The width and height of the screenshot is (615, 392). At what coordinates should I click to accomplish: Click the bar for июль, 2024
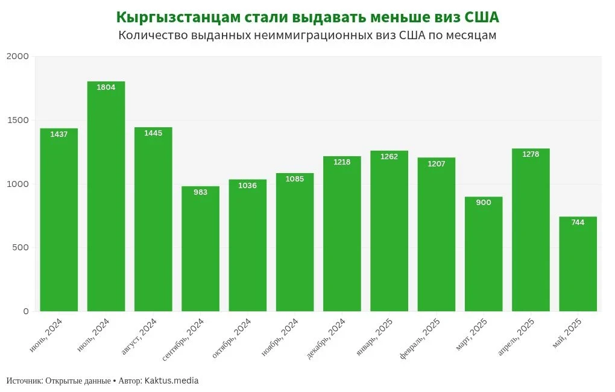(106, 197)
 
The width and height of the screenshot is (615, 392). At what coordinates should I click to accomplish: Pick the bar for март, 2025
(484, 254)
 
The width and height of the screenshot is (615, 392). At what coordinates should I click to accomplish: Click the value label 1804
(106, 87)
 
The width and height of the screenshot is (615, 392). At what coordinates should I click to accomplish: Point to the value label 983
(200, 192)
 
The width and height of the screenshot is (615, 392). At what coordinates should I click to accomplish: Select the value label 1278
(531, 154)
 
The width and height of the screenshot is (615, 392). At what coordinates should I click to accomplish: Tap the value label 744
(578, 223)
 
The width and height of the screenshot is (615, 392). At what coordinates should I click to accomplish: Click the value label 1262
(389, 157)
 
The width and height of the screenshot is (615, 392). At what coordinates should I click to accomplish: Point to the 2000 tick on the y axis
(17, 56)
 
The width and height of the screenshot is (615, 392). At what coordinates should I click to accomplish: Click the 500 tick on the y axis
(20, 247)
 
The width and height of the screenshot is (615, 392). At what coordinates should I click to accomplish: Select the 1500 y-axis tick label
(17, 120)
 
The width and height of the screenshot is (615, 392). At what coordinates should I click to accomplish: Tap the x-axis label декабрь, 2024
(326, 339)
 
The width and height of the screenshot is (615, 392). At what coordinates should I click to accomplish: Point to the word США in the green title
(482, 16)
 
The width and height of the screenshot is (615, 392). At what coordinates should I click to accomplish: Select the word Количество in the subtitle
(153, 35)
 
